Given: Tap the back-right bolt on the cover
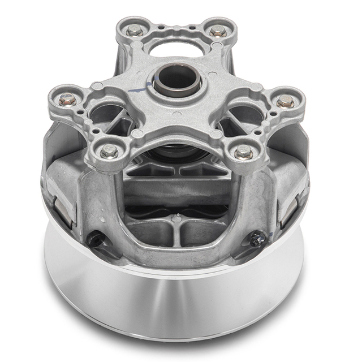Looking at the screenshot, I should (x=218, y=31).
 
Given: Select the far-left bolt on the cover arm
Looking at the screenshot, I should (x=67, y=99).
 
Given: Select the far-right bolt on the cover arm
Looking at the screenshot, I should (x=286, y=101).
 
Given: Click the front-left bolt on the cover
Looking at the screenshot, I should (x=109, y=150).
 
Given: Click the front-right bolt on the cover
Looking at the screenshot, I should (x=244, y=151).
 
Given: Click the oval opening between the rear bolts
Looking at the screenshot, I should (x=176, y=50).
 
